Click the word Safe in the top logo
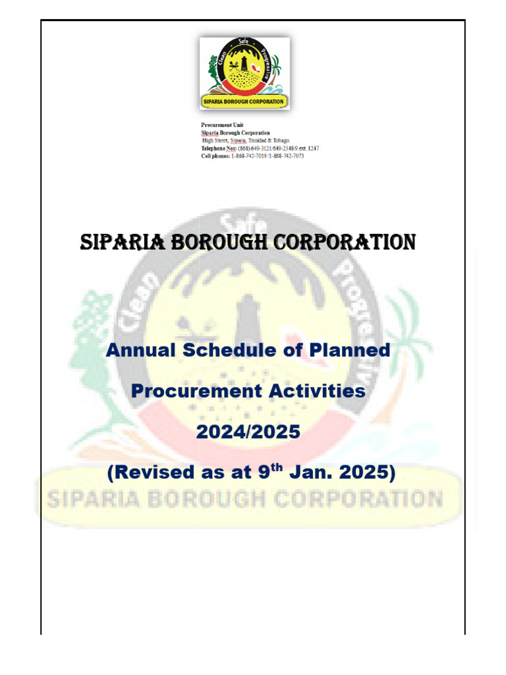pos(244,42)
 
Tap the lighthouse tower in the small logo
pos(244,64)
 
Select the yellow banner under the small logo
pos(244,102)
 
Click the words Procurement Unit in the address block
pos(222,125)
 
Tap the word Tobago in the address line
pos(281,140)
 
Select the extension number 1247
pos(313,148)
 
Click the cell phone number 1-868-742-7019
pos(249,156)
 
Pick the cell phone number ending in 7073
pos(287,156)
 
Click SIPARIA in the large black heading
pos(122,242)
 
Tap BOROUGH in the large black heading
pos(219,242)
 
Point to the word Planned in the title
pos(349,350)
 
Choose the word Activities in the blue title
pos(317,391)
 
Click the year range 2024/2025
pos(248,432)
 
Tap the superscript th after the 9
pos(277,467)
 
